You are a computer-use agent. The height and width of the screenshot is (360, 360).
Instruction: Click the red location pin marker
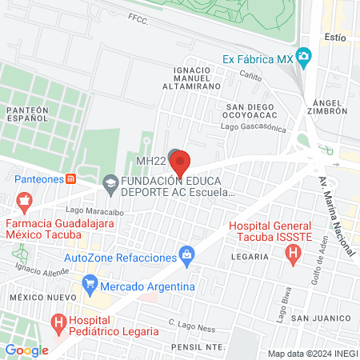(x=180, y=162)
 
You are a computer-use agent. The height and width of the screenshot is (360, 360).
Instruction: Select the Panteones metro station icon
(x=71, y=179)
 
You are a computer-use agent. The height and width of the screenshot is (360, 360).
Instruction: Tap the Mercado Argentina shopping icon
(x=90, y=284)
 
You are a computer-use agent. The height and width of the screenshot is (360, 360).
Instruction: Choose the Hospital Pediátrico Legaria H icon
(x=59, y=322)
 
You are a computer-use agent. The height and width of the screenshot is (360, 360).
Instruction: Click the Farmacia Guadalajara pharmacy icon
(x=24, y=198)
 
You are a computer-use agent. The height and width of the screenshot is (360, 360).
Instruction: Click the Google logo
(x=26, y=350)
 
